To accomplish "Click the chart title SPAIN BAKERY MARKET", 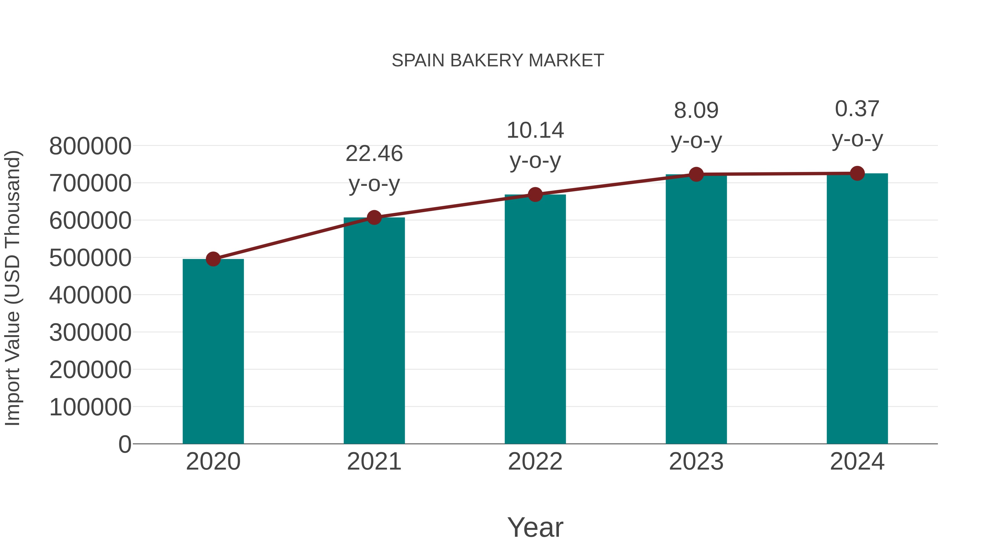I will (498, 61).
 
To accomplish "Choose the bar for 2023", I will (696, 309).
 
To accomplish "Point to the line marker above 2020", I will (213, 259).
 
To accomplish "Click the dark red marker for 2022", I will (535, 194).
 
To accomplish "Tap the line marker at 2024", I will (857, 173).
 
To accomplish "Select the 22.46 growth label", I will (374, 154).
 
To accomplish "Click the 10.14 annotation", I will (535, 131).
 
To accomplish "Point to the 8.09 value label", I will (696, 111).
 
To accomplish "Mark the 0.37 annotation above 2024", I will (857, 109).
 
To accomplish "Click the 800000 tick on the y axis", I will (90, 147).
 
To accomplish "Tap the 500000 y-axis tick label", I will (90, 258).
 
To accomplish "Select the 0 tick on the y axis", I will (124, 444).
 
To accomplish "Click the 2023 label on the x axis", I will (696, 462).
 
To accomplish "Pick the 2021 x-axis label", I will (374, 462).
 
